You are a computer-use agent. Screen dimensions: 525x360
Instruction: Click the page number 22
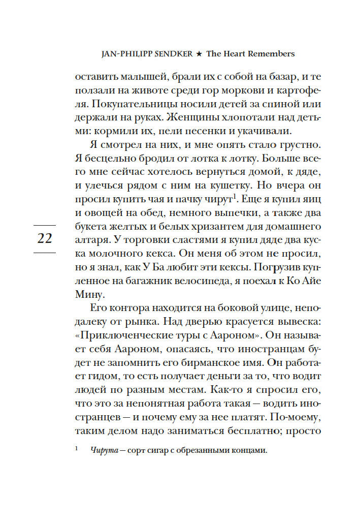(45, 238)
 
